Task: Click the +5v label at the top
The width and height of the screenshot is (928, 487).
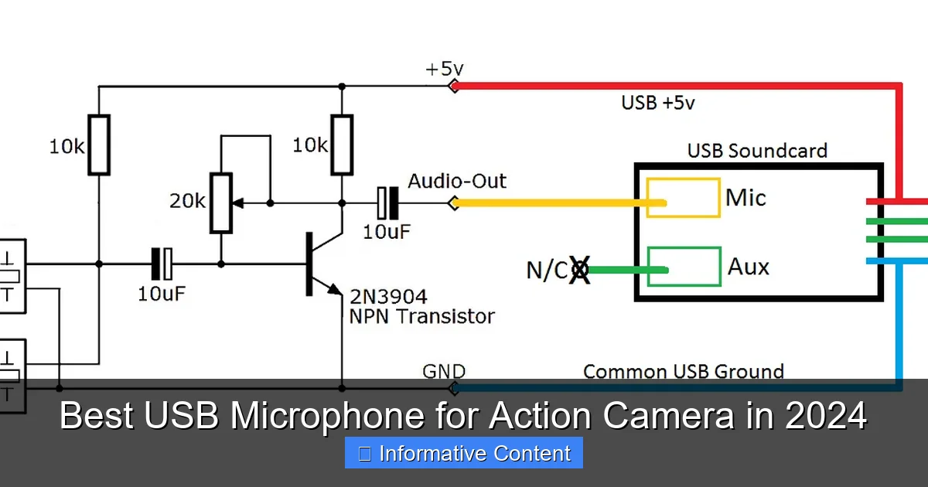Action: pos(442,68)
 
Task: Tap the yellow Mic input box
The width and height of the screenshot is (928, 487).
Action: pos(683,198)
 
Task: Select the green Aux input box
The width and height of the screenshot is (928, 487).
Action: pos(683,267)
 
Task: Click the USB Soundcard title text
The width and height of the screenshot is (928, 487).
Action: pos(757,150)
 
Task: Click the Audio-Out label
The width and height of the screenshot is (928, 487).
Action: pos(457,182)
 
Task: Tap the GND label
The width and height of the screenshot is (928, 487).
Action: pos(443,372)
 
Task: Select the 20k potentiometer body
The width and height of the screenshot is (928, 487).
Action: pos(221,203)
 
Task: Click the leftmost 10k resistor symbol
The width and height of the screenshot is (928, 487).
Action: pos(99,145)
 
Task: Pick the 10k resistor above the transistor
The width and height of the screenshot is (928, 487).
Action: pos(341,145)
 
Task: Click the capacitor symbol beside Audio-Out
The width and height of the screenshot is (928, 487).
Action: pos(387,203)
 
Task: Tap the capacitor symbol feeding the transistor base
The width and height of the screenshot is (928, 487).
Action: pos(164,264)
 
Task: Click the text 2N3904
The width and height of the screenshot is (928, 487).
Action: pos(388,297)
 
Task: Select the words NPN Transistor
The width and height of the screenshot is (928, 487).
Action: pos(422,315)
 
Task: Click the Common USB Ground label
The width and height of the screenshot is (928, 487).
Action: pos(683,372)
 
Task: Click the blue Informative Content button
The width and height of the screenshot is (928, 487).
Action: pos(463,453)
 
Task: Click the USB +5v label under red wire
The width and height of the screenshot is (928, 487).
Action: pos(657,103)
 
